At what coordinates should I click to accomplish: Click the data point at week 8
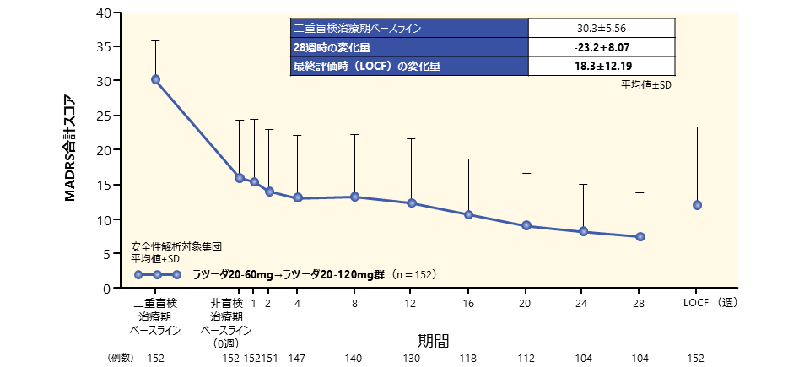click(354, 197)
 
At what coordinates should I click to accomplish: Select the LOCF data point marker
click(697, 205)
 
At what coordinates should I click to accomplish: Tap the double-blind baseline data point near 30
click(155, 79)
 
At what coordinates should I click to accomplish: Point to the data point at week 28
click(640, 237)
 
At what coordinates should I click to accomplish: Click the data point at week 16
click(469, 214)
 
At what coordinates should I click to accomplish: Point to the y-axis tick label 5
click(107, 253)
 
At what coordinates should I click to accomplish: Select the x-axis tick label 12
click(412, 303)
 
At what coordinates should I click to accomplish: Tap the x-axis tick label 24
click(583, 303)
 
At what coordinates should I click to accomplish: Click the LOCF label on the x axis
click(696, 303)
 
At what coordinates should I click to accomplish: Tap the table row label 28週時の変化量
click(330, 48)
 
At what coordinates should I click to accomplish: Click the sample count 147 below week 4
click(296, 359)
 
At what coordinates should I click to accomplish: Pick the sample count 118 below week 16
click(469, 359)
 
